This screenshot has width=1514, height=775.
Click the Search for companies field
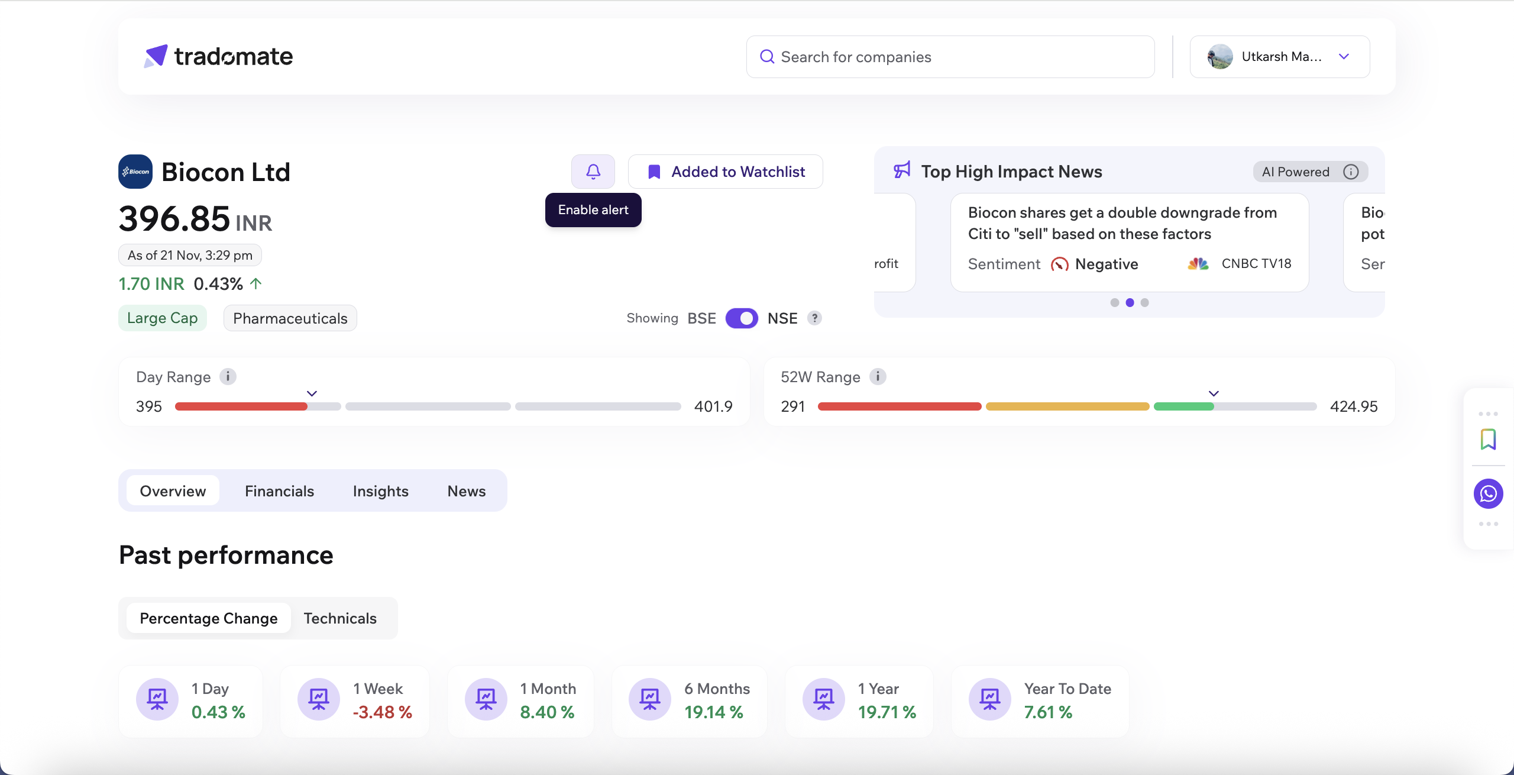click(950, 57)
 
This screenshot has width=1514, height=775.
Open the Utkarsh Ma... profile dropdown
click(1280, 57)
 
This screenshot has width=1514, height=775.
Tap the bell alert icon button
click(593, 172)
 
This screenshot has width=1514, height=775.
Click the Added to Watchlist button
click(726, 172)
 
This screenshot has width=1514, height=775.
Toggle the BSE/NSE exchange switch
click(742, 318)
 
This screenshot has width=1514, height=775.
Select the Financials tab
click(279, 491)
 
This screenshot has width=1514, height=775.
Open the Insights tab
click(380, 491)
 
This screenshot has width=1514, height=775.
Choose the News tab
click(466, 491)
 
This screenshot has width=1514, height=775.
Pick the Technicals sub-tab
click(340, 618)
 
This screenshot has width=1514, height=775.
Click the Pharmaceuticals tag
click(290, 318)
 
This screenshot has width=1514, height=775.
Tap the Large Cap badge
click(163, 318)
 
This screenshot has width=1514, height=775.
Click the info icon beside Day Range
click(228, 376)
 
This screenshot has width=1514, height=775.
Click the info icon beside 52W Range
click(878, 376)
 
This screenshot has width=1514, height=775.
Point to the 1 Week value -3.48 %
click(382, 712)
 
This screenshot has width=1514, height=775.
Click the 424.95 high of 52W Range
click(1353, 406)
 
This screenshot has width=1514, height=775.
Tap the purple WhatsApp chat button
click(1488, 493)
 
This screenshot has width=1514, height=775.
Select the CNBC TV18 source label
click(1256, 264)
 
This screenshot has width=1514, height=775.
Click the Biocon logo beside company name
click(135, 172)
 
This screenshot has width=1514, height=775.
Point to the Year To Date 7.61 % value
click(1048, 712)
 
